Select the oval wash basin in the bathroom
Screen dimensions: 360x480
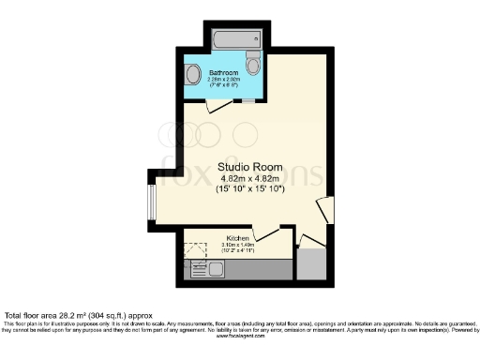[x=192, y=74]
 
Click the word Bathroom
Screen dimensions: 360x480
[x=223, y=72]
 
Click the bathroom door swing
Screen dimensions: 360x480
[x=215, y=107]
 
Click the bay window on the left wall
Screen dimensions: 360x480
[x=151, y=200]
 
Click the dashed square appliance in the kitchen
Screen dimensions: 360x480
[x=195, y=252]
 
